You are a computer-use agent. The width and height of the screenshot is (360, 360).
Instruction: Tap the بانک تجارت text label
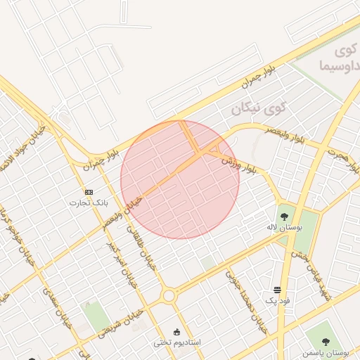(85, 202)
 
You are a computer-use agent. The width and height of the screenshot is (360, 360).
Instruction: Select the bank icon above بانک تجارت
(89, 192)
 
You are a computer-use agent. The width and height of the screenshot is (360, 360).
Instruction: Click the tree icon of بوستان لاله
(284, 217)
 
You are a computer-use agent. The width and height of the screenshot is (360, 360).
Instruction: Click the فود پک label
(278, 300)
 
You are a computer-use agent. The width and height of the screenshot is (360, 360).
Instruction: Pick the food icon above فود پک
(278, 290)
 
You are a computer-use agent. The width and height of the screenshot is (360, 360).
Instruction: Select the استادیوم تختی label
(177, 342)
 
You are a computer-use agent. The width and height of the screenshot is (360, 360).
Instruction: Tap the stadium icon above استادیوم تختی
(176, 332)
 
